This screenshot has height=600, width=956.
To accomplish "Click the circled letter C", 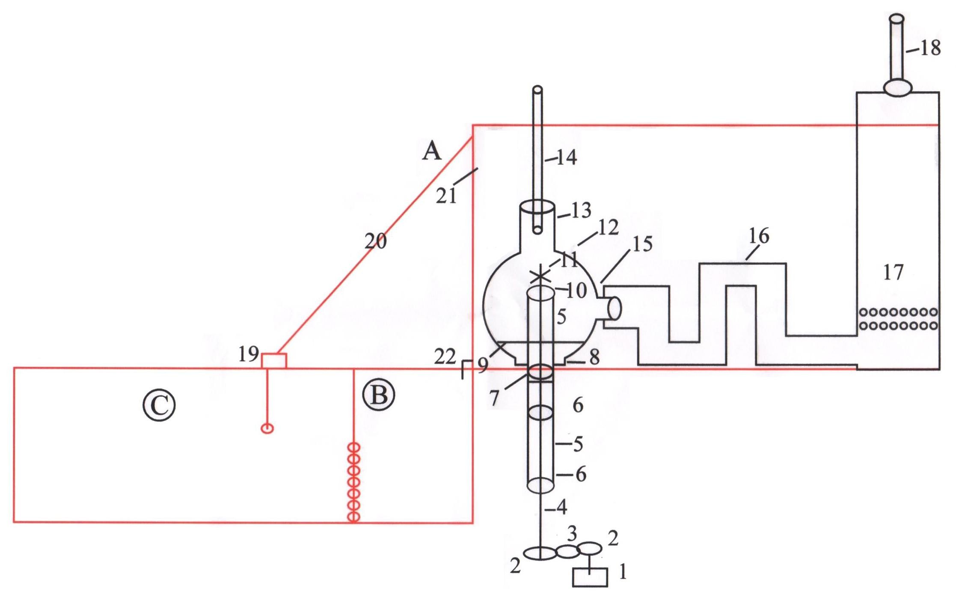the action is pyautogui.click(x=159, y=404).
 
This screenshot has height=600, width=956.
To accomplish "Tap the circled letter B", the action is pyautogui.click(x=379, y=395).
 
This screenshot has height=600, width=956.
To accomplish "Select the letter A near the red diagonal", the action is pyautogui.click(x=431, y=151).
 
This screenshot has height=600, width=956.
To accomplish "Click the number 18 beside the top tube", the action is pyautogui.click(x=929, y=48).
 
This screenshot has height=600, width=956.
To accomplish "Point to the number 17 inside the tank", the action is pyautogui.click(x=893, y=272).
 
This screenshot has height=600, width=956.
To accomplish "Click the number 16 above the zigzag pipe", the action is pyautogui.click(x=759, y=236).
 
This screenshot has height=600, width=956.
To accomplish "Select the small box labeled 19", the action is pyautogui.click(x=274, y=360).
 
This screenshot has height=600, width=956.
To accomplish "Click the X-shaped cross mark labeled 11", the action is pyautogui.click(x=540, y=275).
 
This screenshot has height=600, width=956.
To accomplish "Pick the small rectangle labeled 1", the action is pyautogui.click(x=590, y=577).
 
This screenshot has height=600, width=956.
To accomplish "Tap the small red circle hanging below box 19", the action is pyautogui.click(x=267, y=428).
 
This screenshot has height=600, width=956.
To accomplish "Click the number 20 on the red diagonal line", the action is pyautogui.click(x=375, y=241).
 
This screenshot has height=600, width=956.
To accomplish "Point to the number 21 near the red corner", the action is pyautogui.click(x=446, y=196).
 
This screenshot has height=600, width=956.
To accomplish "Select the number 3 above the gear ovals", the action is pyautogui.click(x=572, y=534).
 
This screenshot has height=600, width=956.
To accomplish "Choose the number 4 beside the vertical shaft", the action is pyautogui.click(x=561, y=507).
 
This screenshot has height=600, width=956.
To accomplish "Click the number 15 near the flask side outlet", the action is pyautogui.click(x=642, y=244).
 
